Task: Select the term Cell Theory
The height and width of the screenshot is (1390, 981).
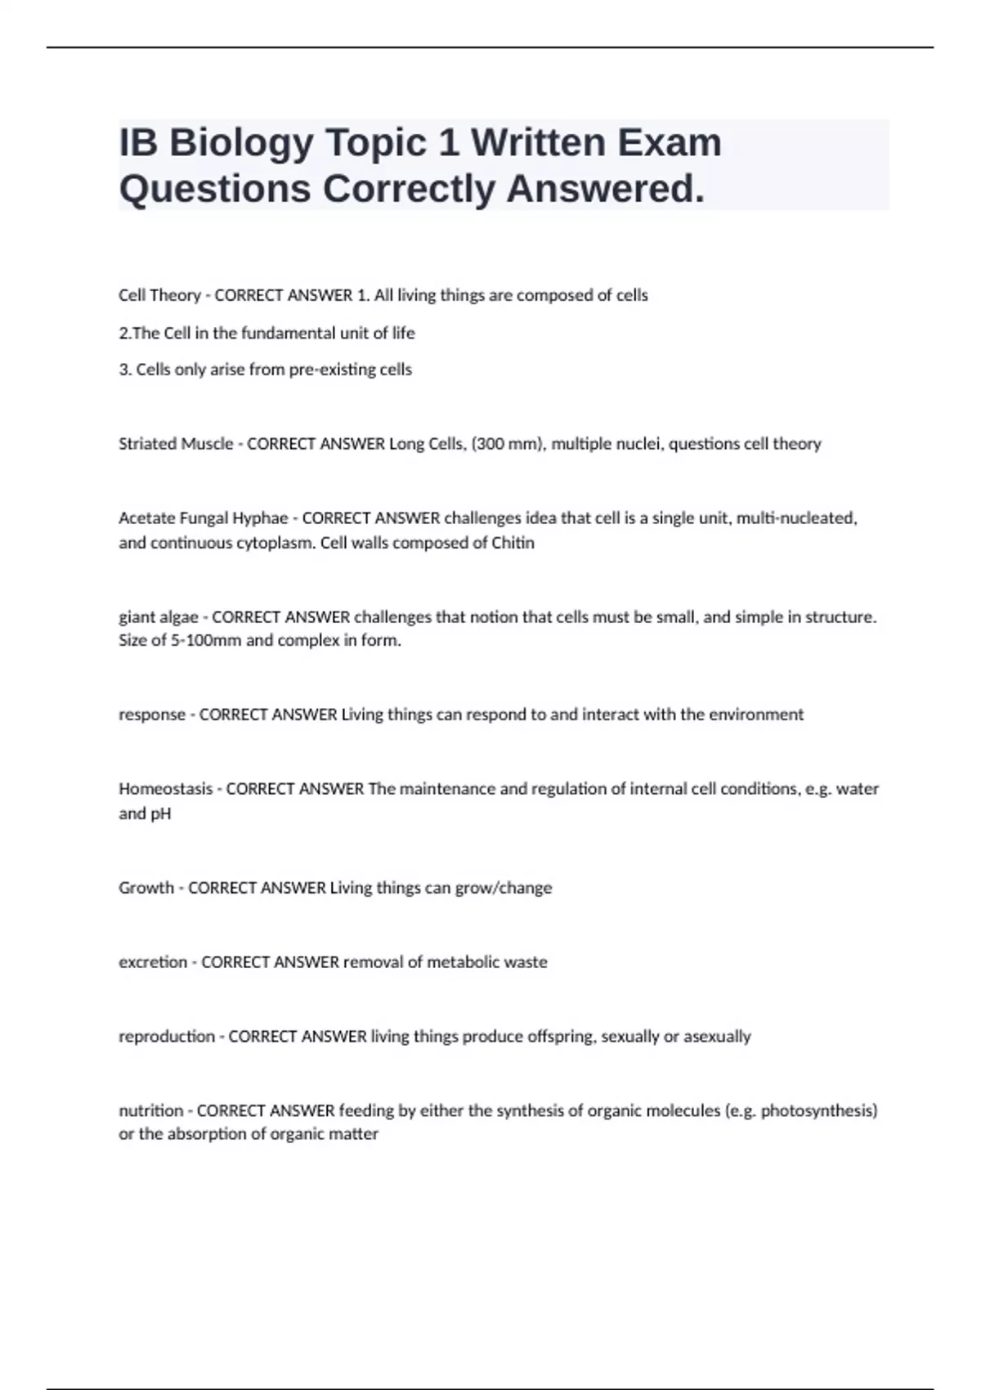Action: (159, 295)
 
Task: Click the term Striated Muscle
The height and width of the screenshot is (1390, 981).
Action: (176, 444)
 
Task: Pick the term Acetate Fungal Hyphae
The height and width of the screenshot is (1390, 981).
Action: (203, 518)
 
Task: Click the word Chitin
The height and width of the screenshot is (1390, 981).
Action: (513, 543)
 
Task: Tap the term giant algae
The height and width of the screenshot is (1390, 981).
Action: (159, 617)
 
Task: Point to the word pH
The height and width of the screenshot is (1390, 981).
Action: (161, 814)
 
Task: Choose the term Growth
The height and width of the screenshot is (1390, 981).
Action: (146, 888)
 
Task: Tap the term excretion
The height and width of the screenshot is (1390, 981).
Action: (153, 962)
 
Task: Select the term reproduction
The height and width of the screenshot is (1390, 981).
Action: (167, 1037)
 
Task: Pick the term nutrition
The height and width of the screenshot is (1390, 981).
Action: (151, 1111)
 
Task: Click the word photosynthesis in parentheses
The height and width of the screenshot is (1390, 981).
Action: (818, 1111)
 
